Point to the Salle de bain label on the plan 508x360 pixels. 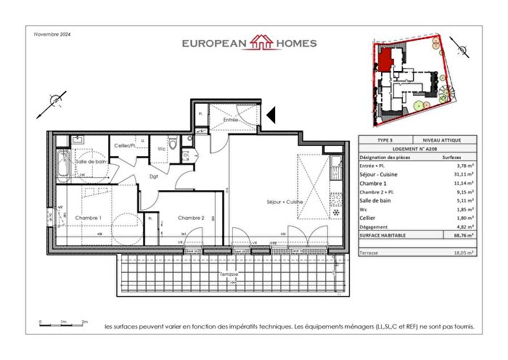(91, 161)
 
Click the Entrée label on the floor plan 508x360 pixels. (232, 119)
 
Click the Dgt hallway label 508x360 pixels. (155, 176)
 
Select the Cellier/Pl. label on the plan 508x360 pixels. (126, 147)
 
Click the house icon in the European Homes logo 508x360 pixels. (259, 43)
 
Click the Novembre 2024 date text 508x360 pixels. (52, 33)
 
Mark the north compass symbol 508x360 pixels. (54, 100)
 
